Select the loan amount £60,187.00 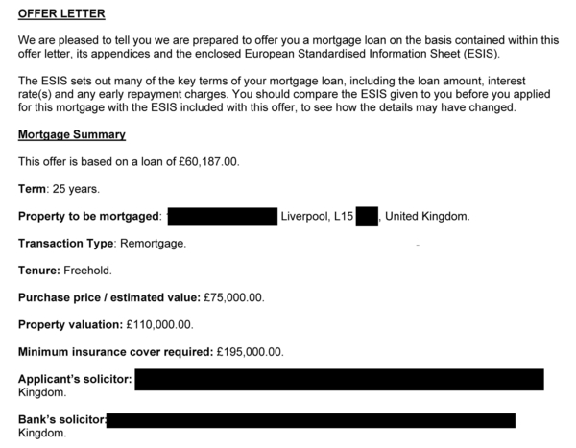coord(204,161)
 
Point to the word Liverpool coord(304,217)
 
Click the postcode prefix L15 coord(343,217)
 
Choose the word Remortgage coord(153,244)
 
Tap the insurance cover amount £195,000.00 coord(248,352)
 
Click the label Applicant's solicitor coord(75,379)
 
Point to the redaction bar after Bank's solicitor coord(311,420)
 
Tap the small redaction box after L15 coord(368,217)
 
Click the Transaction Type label coord(65,244)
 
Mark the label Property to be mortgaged coord(89,217)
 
